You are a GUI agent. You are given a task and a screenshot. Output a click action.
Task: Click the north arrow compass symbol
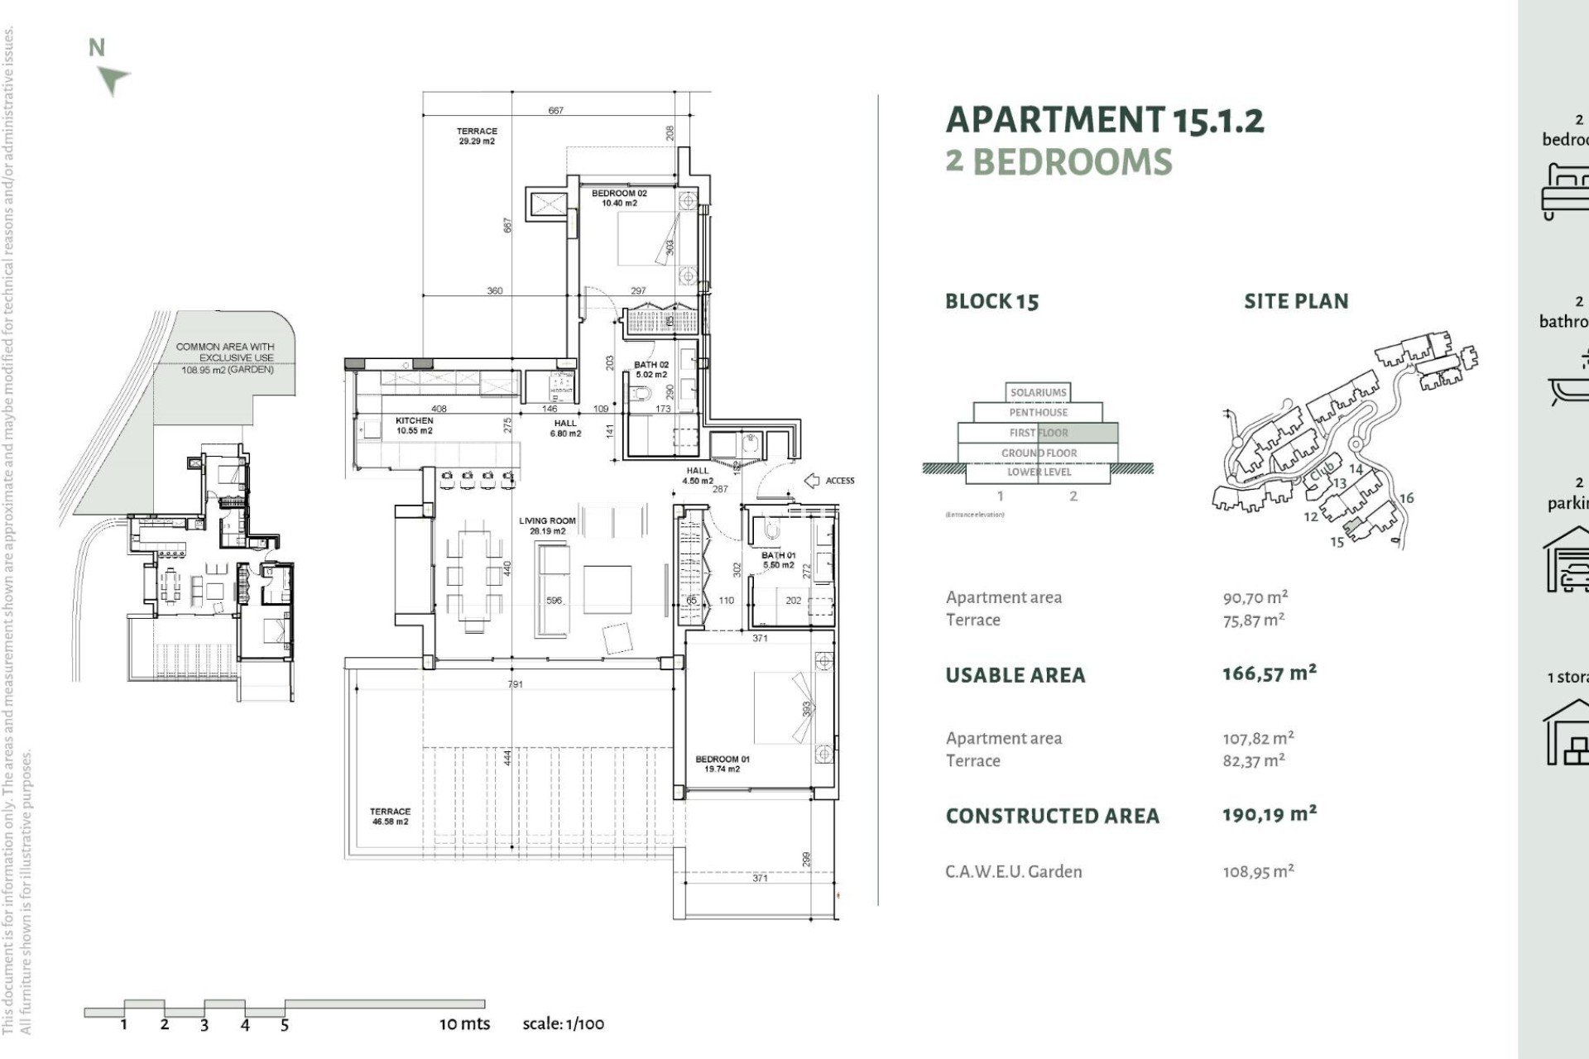click(112, 79)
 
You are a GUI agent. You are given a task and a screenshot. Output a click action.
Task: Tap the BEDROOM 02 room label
click(619, 198)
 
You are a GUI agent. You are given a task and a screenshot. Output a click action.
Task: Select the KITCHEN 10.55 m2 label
click(414, 425)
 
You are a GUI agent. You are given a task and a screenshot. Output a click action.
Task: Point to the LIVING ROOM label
click(547, 525)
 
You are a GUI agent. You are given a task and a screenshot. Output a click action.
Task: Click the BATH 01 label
click(778, 560)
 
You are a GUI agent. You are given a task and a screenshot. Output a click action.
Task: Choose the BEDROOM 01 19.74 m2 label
click(722, 764)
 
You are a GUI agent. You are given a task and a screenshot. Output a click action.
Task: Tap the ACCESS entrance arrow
click(812, 481)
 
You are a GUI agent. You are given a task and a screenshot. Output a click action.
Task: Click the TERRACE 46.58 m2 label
click(390, 817)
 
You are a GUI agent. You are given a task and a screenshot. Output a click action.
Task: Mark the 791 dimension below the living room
click(515, 684)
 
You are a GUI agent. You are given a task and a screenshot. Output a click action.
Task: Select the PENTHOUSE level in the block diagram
click(1038, 412)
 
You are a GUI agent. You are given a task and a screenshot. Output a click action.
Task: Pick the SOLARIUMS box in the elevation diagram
click(1038, 392)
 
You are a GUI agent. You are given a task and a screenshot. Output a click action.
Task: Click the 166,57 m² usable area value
click(1269, 673)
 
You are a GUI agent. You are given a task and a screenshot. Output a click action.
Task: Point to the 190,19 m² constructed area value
click(1269, 814)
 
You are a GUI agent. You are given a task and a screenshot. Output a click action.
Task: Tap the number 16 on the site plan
click(1406, 498)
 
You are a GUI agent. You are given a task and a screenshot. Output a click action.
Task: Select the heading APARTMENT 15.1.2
click(1104, 121)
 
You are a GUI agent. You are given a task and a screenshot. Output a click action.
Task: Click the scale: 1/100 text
click(563, 1023)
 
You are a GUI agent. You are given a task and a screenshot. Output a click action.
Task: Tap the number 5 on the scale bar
click(284, 1025)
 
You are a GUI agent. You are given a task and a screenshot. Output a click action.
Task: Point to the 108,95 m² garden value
click(1258, 871)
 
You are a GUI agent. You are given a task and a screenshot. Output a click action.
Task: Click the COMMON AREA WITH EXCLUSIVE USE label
click(225, 352)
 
